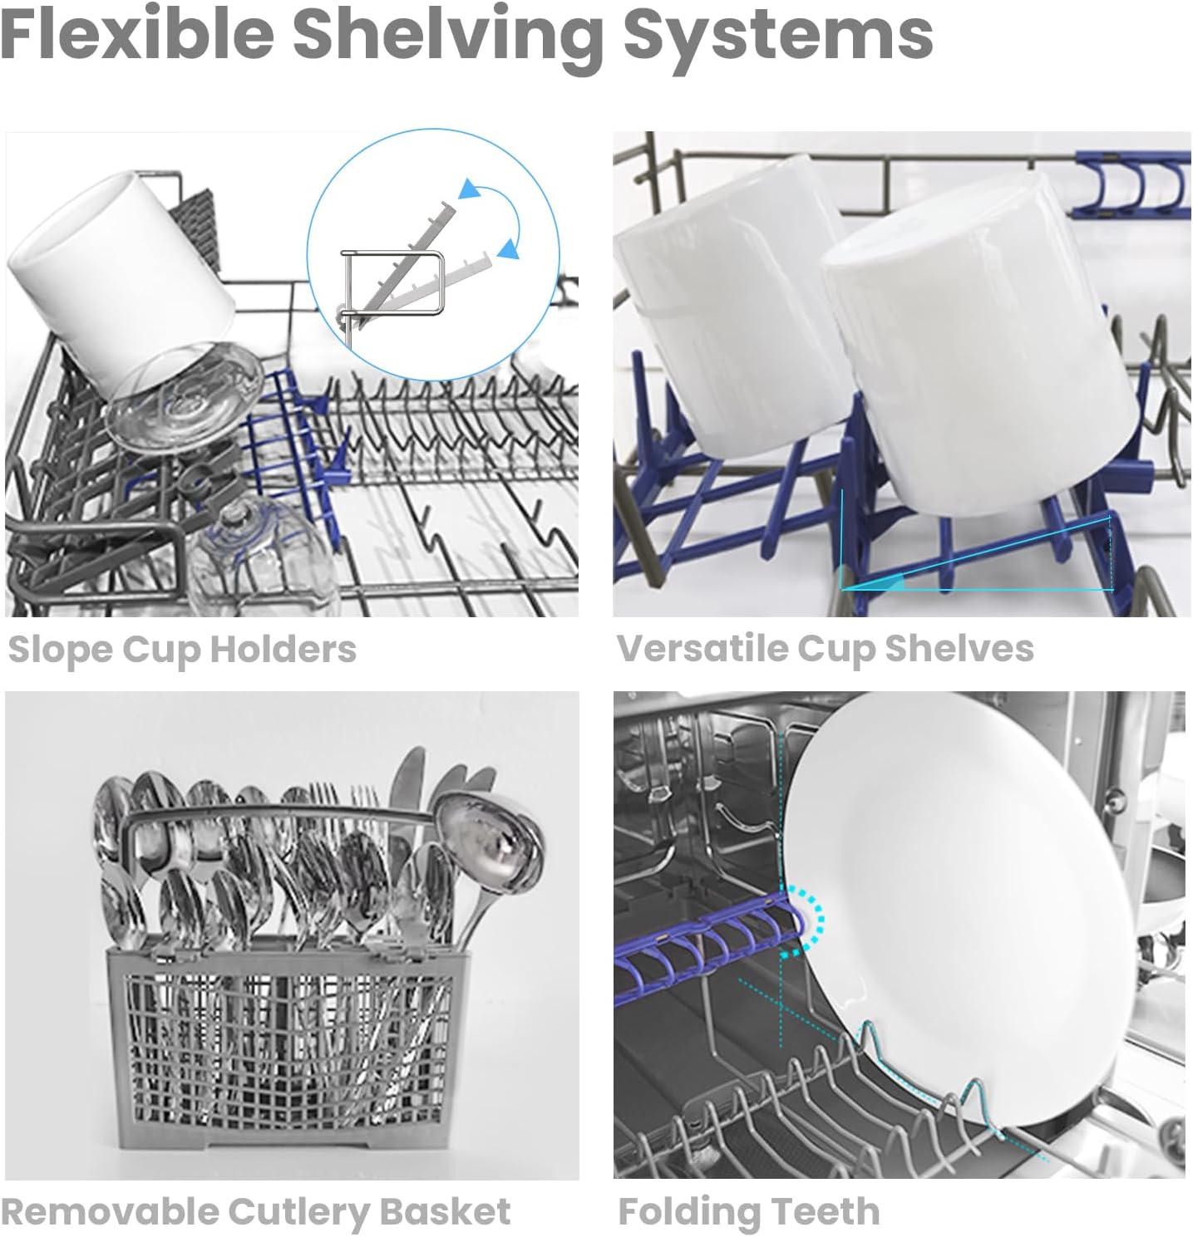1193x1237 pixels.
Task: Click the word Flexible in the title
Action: coord(137,34)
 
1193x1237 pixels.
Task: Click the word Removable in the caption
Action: coord(110,1210)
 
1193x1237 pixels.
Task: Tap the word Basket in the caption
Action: coord(446,1210)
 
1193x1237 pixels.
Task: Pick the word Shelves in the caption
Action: coord(959,648)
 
